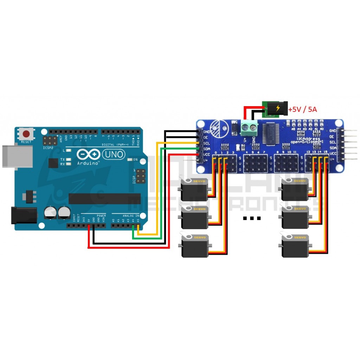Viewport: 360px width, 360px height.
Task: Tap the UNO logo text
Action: [x=113, y=154]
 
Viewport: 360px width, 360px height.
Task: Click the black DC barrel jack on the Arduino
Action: [x=24, y=215]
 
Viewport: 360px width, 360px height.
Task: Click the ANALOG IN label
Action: [x=130, y=216]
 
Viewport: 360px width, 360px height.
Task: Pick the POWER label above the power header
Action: [x=101, y=216]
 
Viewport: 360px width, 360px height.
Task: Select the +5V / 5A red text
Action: [x=303, y=110]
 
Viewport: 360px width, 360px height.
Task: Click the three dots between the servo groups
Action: [x=252, y=218]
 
